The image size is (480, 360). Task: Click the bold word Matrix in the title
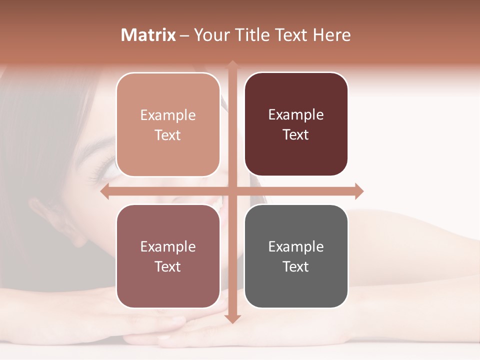[148, 35]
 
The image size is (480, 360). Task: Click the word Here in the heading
[331, 35]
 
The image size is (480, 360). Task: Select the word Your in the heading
[210, 35]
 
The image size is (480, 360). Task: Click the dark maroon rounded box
[296, 124]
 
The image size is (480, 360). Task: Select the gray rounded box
[296, 256]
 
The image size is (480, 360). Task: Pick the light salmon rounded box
[168, 124]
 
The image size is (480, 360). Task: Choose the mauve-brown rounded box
[168, 256]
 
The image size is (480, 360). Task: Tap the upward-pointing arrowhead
[232, 65]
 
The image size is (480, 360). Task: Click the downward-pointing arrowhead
[232, 318]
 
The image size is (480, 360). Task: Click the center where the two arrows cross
[232, 191]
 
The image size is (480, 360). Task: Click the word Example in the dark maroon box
[296, 114]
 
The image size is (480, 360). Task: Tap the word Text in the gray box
[296, 266]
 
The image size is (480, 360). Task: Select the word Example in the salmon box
[168, 115]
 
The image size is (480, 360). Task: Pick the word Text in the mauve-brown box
[168, 266]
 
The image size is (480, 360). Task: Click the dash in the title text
[184, 35]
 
